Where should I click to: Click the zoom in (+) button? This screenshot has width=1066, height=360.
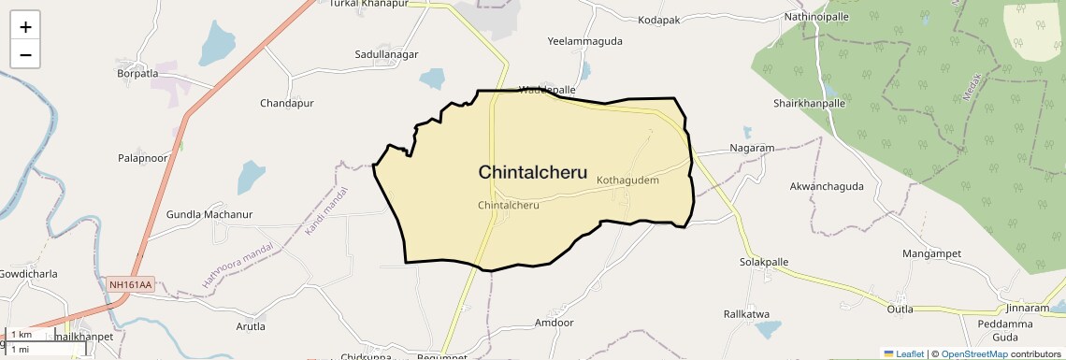25,26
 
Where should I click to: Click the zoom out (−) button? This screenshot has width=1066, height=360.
25,54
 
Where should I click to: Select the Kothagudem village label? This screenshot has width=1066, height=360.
627,180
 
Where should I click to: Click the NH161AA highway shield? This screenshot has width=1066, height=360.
130,283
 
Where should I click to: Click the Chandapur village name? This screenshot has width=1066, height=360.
286,103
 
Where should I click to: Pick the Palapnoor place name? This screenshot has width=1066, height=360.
142,159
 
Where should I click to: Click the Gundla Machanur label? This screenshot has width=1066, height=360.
209,214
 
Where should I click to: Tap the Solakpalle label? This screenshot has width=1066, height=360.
764,262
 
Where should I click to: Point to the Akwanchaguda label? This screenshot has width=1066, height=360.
827,186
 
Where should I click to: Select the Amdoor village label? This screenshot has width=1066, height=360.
554,323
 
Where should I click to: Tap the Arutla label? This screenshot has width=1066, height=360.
251,326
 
